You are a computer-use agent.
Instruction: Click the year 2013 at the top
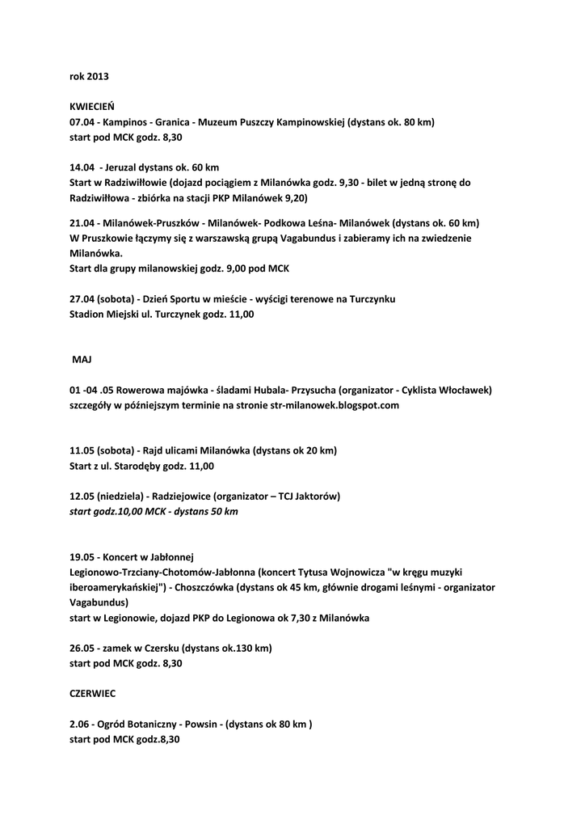pos(97,77)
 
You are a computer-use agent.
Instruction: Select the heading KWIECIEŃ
pos(92,107)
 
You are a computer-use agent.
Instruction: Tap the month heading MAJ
pos(84,360)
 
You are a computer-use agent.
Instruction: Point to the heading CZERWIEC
pos(92,694)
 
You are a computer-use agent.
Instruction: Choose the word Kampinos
pos(125,122)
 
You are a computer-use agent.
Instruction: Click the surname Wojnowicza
pos(341,572)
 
